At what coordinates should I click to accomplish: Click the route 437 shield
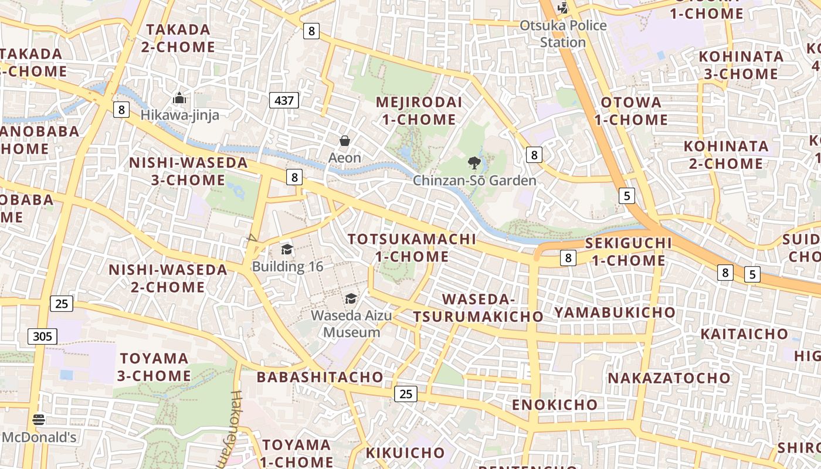(x=284, y=100)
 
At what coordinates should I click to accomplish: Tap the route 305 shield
(x=42, y=337)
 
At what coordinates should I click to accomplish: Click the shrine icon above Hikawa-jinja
(x=179, y=98)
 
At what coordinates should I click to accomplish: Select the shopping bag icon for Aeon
(x=345, y=141)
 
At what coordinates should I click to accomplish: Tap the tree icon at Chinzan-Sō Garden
(x=474, y=163)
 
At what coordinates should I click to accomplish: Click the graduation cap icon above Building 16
(x=287, y=250)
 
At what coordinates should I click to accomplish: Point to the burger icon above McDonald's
(x=39, y=420)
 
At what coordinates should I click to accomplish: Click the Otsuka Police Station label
(x=563, y=34)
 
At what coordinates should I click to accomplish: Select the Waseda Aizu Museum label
(x=351, y=324)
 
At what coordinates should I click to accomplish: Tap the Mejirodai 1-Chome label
(x=419, y=111)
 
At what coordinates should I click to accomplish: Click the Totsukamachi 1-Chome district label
(x=412, y=248)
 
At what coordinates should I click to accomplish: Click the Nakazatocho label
(x=669, y=378)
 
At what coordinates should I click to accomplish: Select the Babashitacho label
(x=320, y=377)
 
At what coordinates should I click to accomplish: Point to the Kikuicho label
(x=405, y=453)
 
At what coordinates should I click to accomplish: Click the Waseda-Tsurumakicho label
(x=478, y=308)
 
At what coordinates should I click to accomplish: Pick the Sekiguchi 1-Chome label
(x=628, y=252)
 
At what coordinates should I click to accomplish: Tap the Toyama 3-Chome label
(x=155, y=367)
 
